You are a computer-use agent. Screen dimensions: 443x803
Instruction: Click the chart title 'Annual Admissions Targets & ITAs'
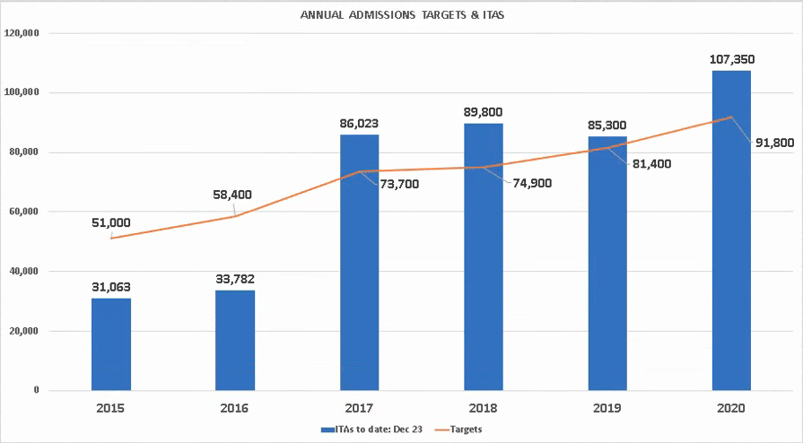402,14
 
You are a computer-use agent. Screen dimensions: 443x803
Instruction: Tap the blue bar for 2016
235,340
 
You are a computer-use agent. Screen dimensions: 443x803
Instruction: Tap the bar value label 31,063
111,287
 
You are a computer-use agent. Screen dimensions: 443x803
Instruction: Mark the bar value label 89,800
484,113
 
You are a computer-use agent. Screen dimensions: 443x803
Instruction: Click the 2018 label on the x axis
484,409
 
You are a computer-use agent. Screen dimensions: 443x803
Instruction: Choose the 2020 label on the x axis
731,409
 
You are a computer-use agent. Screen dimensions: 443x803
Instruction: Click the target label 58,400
235,193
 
